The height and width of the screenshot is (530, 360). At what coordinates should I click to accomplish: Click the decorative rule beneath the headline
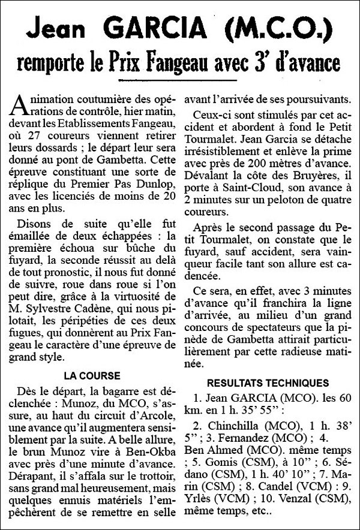coord(180,79)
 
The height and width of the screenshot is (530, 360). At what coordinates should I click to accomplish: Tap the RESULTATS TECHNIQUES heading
coord(268,383)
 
